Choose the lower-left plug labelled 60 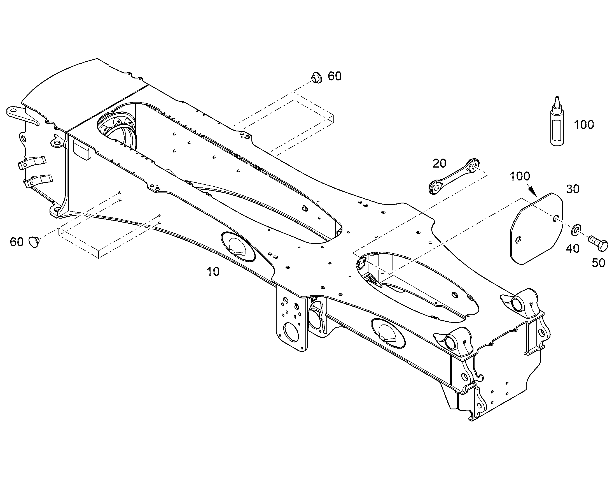(x=34, y=242)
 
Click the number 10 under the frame (x=213, y=272)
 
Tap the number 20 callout (x=439, y=163)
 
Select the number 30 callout (x=573, y=189)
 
